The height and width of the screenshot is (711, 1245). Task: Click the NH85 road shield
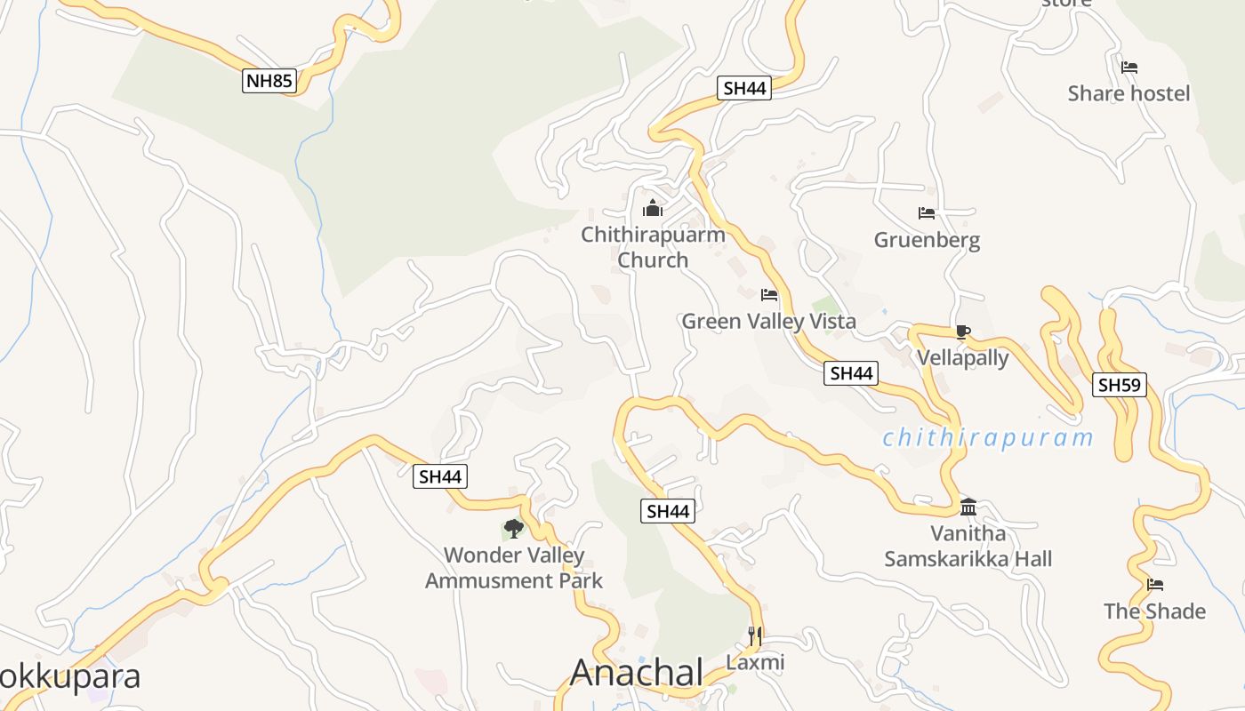[x=269, y=81]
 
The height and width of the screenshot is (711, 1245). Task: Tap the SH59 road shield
[x=1120, y=385]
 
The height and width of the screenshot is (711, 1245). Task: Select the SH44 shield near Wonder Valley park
[x=440, y=476]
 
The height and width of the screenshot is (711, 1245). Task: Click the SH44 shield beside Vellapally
[x=851, y=373]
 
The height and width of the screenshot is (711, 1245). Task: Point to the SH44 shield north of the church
[x=744, y=88]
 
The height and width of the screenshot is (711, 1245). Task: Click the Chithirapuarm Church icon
[x=653, y=209]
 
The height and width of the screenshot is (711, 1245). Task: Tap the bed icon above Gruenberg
[x=927, y=213]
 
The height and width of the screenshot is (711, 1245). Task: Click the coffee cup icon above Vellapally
[x=961, y=332]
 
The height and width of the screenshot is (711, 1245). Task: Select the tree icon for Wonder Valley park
[x=513, y=529]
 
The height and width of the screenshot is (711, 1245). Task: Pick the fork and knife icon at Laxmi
[x=755, y=635]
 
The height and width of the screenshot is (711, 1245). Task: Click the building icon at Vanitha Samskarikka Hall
[x=968, y=507]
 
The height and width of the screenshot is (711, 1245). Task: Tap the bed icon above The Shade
[x=1155, y=585]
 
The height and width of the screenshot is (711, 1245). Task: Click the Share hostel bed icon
[x=1129, y=68]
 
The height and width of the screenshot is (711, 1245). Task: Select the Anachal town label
[x=637, y=673]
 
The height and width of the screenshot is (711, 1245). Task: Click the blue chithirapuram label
[x=987, y=438]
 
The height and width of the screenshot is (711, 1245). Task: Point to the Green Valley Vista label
[x=768, y=322]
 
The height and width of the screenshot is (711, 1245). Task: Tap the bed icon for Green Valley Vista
[x=769, y=295]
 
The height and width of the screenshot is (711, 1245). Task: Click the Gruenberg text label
[x=927, y=240]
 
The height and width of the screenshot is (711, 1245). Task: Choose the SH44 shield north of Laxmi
[x=668, y=511]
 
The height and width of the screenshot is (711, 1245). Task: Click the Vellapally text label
[x=962, y=358]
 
